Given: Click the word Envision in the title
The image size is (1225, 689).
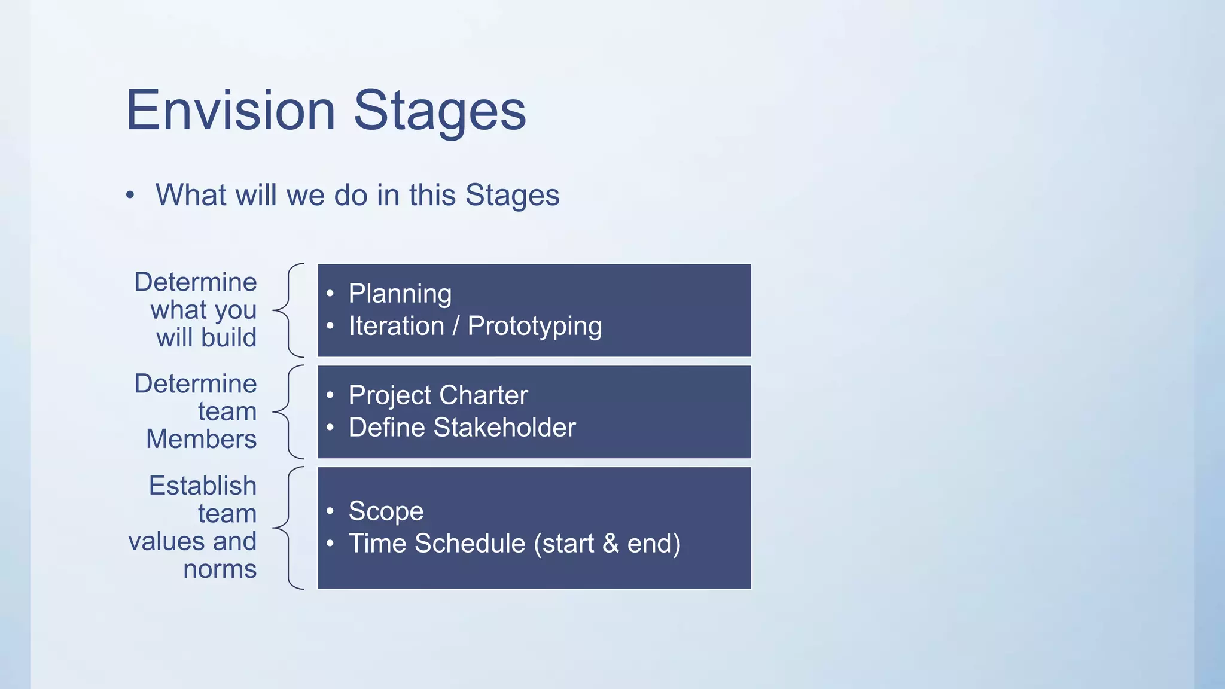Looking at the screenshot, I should click(230, 111).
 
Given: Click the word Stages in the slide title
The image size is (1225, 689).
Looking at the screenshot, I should click(440, 111).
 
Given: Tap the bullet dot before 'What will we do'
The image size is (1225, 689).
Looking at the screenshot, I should click(130, 195).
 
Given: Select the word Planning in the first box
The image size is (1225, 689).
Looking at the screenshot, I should click(400, 294).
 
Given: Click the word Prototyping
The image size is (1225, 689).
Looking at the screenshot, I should click(534, 326).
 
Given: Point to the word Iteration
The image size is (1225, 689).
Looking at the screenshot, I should click(396, 326).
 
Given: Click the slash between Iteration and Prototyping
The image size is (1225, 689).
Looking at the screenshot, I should click(456, 326).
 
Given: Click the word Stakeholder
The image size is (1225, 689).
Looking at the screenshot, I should click(504, 428).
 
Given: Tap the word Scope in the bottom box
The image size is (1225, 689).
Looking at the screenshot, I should click(386, 511).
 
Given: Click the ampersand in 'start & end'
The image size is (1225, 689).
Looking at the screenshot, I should click(610, 544).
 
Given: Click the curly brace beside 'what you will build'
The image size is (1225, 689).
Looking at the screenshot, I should click(289, 310).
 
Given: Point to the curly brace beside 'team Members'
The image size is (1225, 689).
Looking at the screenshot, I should click(289, 411).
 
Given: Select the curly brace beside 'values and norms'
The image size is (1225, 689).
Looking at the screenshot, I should click(289, 528).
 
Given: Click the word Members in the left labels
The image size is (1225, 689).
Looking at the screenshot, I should click(202, 439).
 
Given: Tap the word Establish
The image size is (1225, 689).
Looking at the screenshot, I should click(202, 486).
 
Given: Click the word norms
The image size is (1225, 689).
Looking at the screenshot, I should click(220, 569).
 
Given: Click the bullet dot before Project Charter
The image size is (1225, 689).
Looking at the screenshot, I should click(330, 395).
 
